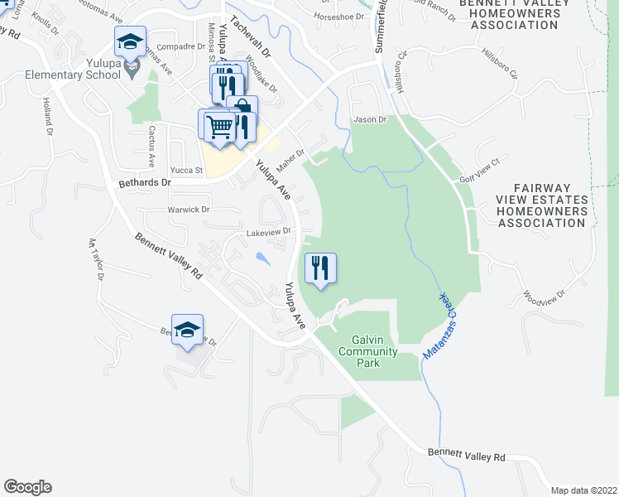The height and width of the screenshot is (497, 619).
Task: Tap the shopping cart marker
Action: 219,127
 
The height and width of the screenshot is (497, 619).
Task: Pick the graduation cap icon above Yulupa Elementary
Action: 130,41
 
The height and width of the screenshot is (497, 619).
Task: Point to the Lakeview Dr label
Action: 270,233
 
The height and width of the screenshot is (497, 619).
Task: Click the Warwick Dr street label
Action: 189,210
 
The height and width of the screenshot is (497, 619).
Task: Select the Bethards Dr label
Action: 145,182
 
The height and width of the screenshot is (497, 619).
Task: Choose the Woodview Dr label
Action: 544,295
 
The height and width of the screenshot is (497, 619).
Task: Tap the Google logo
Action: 27,487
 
